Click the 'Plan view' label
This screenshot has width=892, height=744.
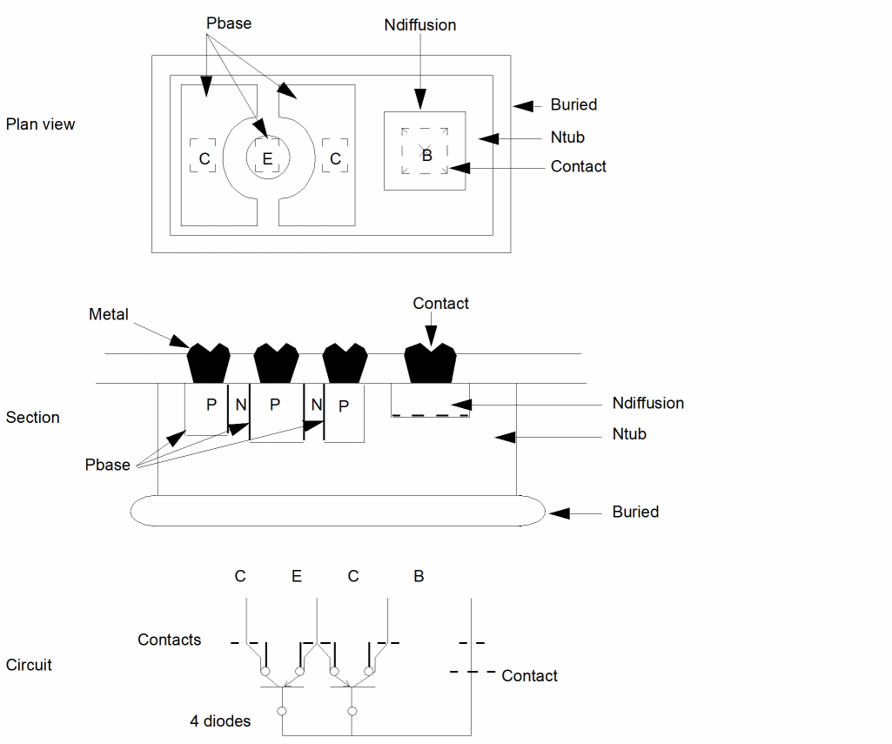tap(40, 124)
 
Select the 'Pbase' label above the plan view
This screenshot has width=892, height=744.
tap(229, 23)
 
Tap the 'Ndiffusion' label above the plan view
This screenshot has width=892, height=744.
tap(419, 25)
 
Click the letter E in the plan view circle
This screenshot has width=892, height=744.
tap(267, 158)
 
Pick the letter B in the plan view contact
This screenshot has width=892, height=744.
tap(426, 156)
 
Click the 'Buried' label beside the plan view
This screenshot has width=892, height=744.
tap(573, 105)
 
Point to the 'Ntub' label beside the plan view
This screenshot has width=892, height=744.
tap(567, 137)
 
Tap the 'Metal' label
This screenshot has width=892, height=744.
tap(109, 314)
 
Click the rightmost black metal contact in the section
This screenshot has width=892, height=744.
tap(431, 362)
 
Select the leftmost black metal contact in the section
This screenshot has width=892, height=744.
tap(209, 363)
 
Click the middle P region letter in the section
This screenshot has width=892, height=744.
tap(275, 405)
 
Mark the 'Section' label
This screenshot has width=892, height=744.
tap(33, 418)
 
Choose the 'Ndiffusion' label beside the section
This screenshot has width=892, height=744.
tap(647, 404)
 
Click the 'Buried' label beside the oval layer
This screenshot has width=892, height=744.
tap(635, 512)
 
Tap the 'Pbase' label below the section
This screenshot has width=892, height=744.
tap(108, 465)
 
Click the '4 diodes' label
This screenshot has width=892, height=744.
tap(220, 721)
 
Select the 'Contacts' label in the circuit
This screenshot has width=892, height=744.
tap(169, 640)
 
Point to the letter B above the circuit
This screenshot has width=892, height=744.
tap(419, 577)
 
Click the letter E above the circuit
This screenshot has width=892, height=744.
tap(297, 577)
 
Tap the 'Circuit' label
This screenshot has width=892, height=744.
tap(29, 666)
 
